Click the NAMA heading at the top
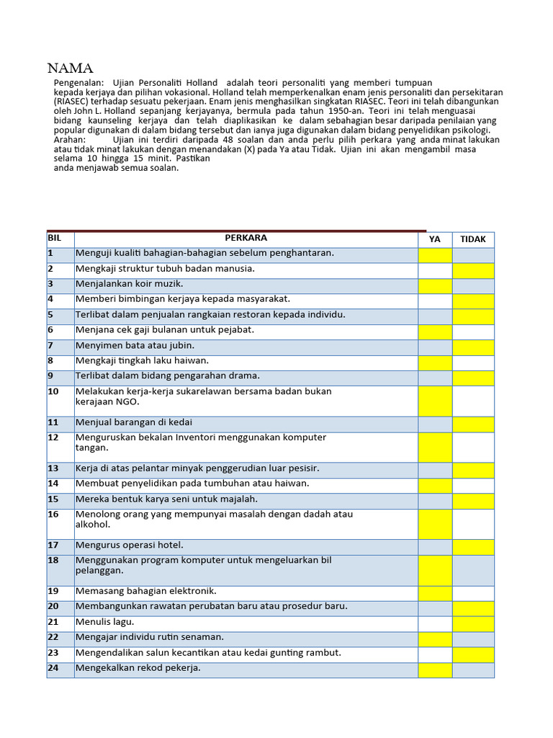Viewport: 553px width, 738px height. (71, 69)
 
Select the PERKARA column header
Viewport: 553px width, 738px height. (246, 238)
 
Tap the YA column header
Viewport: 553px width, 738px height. (435, 239)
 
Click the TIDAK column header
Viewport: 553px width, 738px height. (473, 239)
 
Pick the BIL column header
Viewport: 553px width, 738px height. (55, 238)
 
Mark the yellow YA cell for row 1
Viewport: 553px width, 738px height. (435, 254)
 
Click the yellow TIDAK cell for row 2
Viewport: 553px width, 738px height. (473, 270)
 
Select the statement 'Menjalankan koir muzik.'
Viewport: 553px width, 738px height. (130, 284)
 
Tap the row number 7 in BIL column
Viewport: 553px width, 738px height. (51, 345)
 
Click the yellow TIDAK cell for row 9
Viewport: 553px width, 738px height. (473, 378)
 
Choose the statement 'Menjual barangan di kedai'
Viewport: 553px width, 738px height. (134, 422)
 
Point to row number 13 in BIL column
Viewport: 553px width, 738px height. (53, 468)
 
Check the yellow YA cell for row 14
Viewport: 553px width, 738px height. (435, 485)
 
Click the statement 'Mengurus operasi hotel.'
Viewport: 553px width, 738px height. (130, 546)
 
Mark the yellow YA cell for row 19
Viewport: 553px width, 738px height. (435, 592)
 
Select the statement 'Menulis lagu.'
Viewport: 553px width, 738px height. (105, 622)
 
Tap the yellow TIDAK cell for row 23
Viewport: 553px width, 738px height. (473, 654)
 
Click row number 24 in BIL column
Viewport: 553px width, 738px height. (53, 668)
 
